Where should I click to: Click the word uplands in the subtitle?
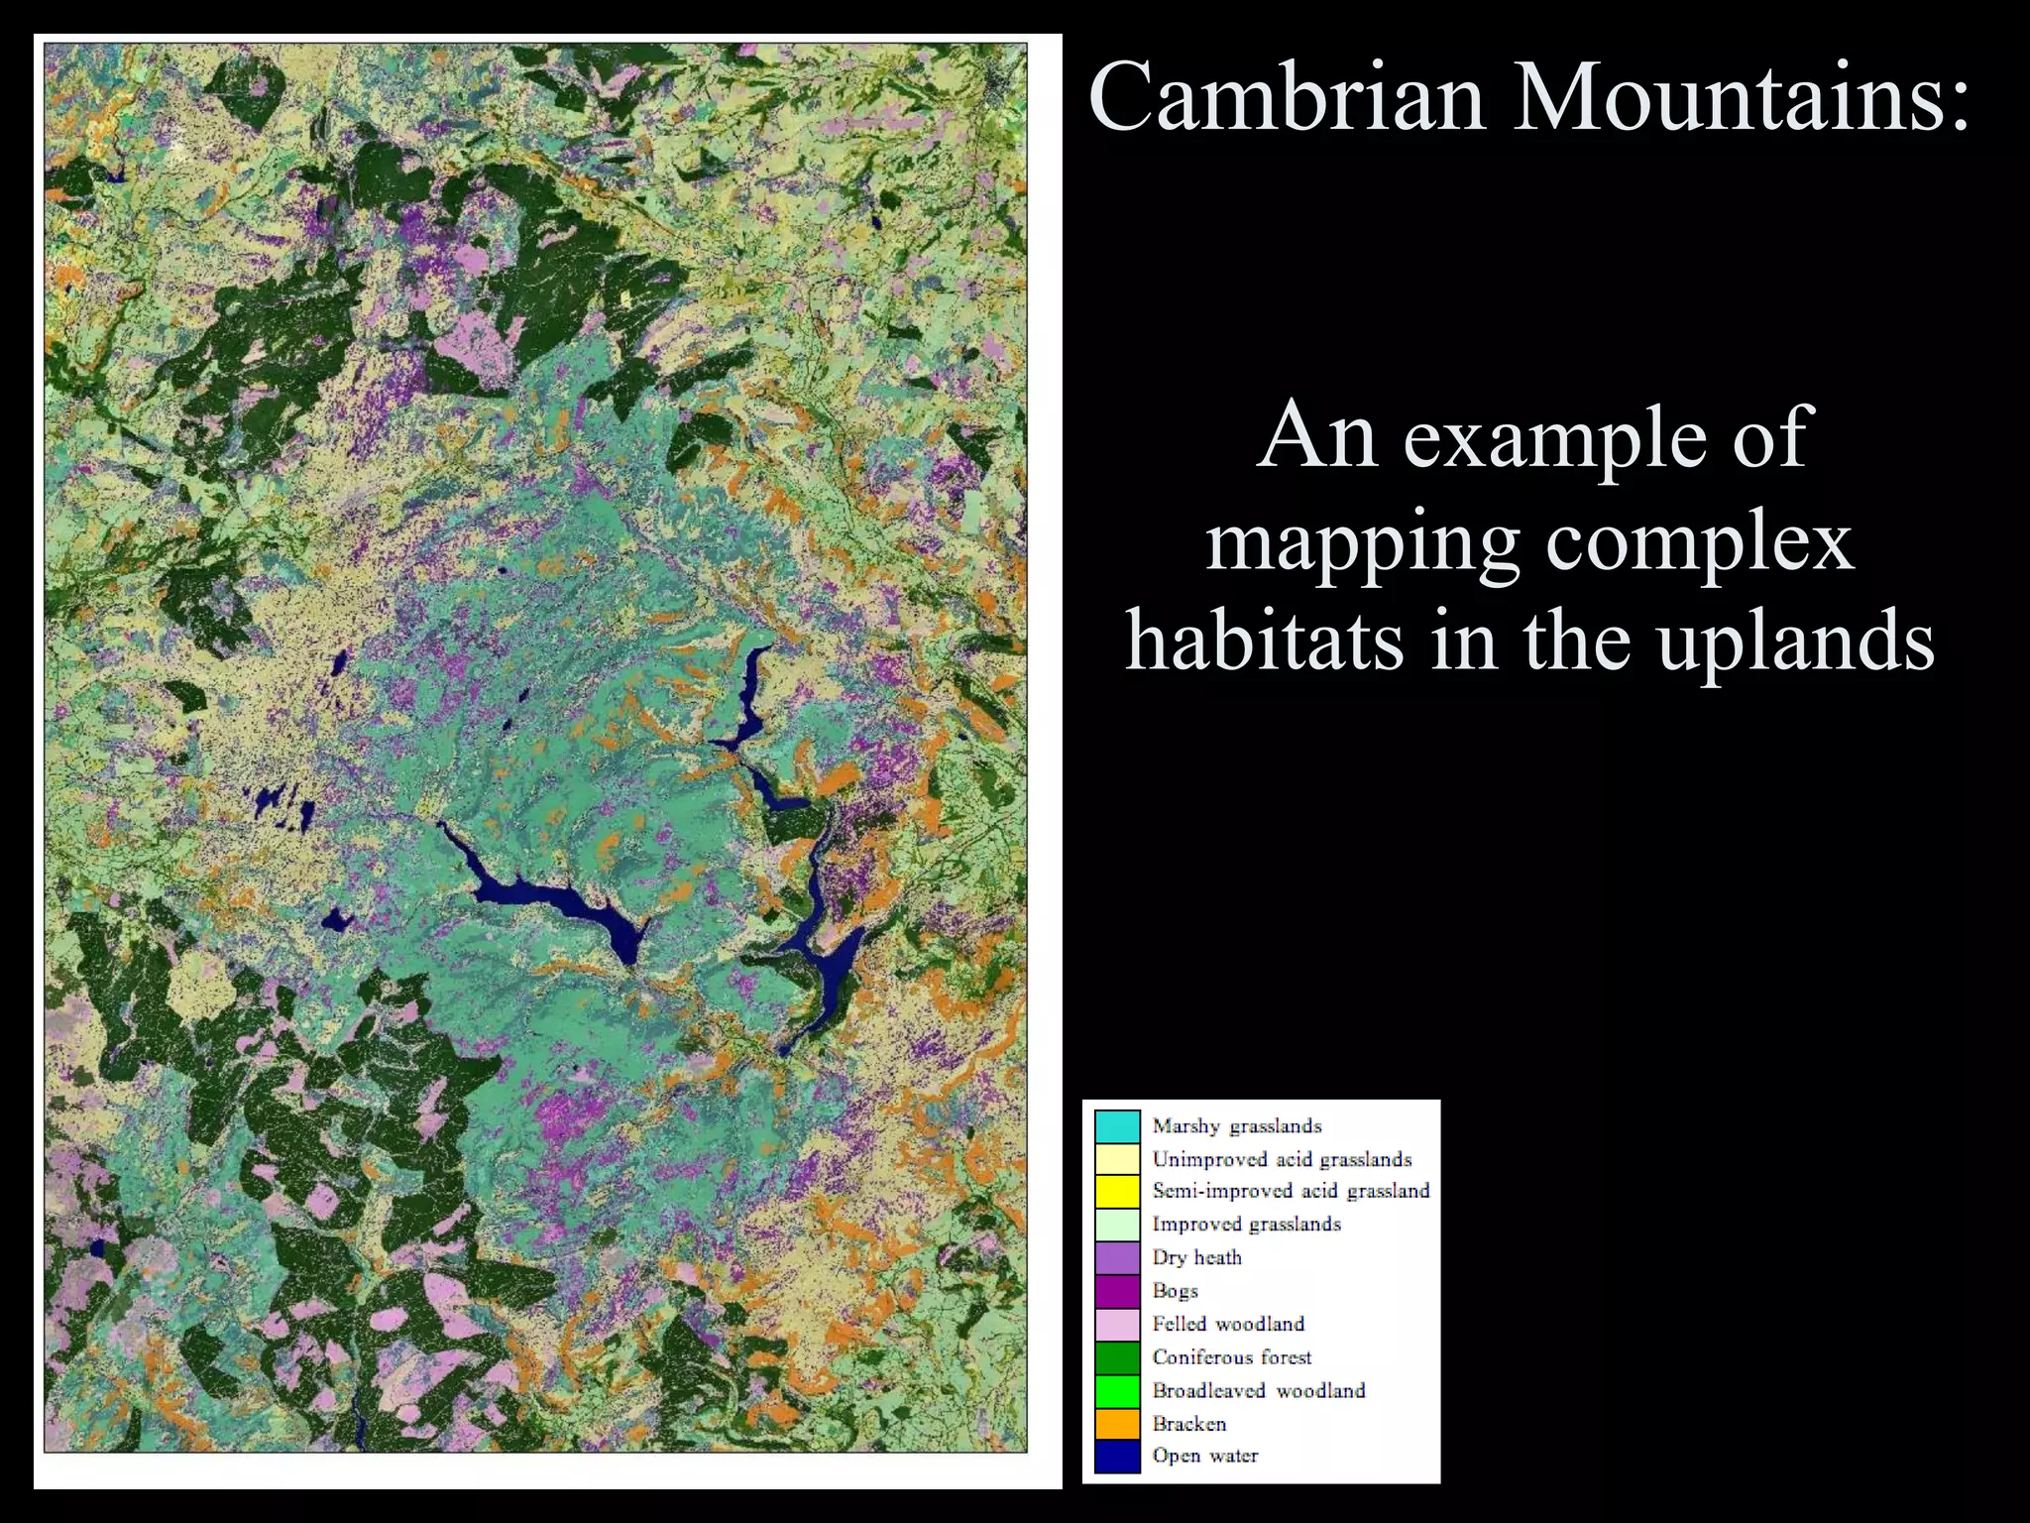click(x=1795, y=643)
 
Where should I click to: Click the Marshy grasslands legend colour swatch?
click(x=1117, y=1127)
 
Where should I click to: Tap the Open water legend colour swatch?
click(x=1117, y=1457)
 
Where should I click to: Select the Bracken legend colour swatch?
click(x=1117, y=1424)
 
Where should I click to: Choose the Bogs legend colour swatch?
click(x=1117, y=1291)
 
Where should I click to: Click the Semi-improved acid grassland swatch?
click(x=1117, y=1192)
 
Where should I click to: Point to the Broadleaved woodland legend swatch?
click(x=1117, y=1391)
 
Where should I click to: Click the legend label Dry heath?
click(x=1196, y=1257)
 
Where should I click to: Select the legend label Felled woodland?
click(x=1228, y=1324)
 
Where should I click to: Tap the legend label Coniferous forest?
click(x=1231, y=1357)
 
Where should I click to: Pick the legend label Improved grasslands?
click(x=1246, y=1225)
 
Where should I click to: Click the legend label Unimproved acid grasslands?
click(x=1282, y=1159)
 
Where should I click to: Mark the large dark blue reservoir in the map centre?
click(x=555, y=897)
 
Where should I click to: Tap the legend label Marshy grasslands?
click(x=1236, y=1126)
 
